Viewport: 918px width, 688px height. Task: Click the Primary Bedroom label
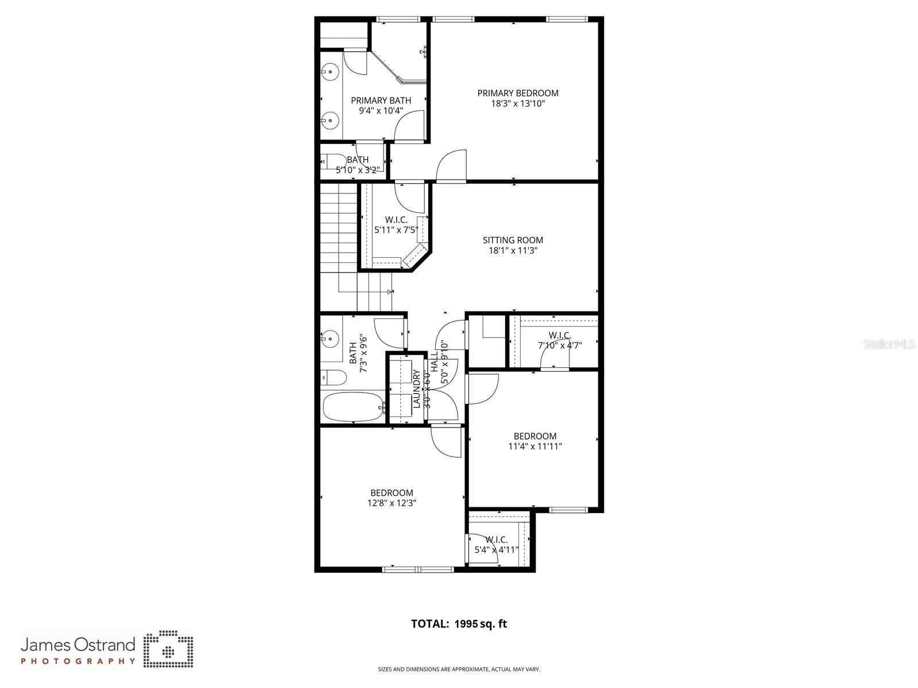[517, 93]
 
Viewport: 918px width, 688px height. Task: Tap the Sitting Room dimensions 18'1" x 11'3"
[513, 251]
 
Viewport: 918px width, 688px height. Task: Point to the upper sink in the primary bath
[330, 72]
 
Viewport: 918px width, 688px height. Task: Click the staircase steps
[339, 230]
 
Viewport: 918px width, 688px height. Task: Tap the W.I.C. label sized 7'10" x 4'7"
[559, 335]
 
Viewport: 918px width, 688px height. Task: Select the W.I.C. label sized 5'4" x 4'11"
[496, 540]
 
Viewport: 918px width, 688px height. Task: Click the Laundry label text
[416, 390]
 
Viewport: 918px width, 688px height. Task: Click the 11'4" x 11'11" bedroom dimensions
[534, 446]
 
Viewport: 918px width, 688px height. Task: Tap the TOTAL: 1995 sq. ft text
[459, 624]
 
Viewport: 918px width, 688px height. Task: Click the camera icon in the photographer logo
[168, 650]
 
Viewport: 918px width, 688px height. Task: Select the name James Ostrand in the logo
[78, 644]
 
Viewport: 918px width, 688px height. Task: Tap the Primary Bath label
[381, 100]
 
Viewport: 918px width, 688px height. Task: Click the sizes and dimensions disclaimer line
[459, 669]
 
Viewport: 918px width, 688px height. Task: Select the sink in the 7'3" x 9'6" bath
[330, 339]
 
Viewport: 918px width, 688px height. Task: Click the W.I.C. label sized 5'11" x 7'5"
[396, 220]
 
